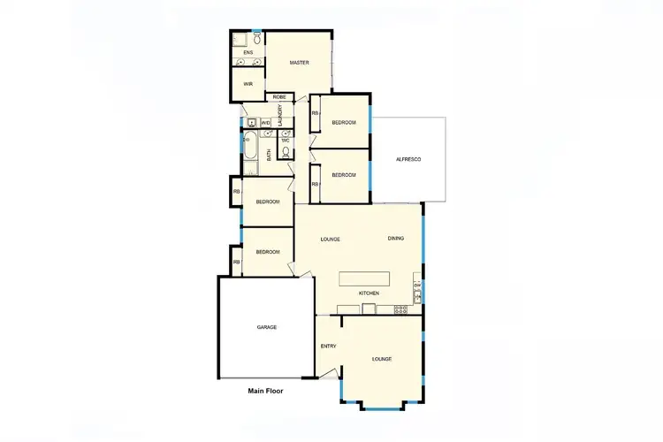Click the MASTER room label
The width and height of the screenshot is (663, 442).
pos(298,63)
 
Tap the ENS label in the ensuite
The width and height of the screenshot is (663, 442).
pos(248,53)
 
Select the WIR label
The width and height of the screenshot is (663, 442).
pos(248,84)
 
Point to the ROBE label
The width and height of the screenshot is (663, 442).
pos(278,96)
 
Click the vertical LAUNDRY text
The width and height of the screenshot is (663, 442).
pos(279,116)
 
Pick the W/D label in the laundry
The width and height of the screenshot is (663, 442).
pos(265,122)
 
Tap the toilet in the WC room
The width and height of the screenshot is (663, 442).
pos(285,151)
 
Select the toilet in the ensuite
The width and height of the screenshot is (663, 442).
pos(257,39)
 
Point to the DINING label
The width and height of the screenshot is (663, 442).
pos(395,239)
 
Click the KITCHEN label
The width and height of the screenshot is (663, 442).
pos(369,293)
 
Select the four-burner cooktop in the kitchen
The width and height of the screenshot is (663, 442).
pos(400,309)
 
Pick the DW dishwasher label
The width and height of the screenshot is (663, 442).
pos(417,285)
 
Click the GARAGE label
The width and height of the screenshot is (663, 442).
pos(266,327)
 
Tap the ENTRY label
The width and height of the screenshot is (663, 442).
pos(328,346)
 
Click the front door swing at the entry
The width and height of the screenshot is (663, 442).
pos(329,375)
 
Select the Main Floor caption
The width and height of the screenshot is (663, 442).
pos(265,390)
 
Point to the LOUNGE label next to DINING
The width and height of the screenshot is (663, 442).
pos(331,240)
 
